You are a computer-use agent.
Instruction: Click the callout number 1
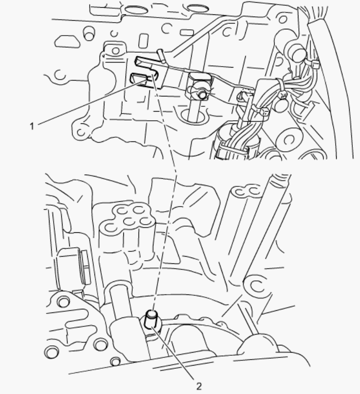point(32,126)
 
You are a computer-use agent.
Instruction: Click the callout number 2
point(198,386)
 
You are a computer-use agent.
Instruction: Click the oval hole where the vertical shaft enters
point(194,116)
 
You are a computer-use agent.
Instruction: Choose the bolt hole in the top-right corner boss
point(283,19)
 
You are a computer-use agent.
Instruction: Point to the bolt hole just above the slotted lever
point(115,51)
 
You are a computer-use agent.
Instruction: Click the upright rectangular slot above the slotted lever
point(144,40)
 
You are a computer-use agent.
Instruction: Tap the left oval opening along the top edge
point(136,9)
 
